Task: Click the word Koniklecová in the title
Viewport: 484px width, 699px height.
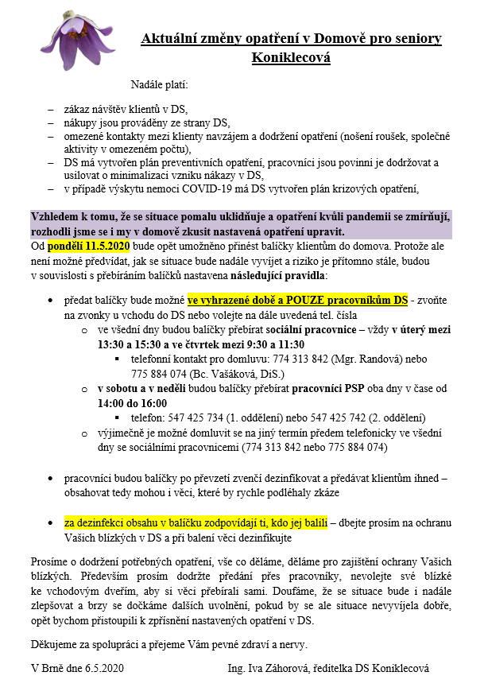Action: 291,58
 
